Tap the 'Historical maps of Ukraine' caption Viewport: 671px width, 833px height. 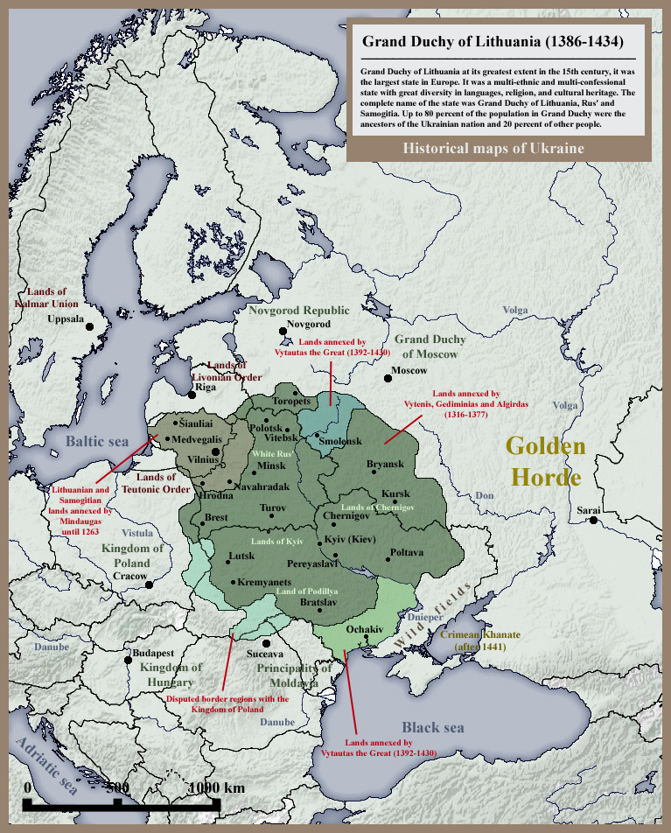(493, 148)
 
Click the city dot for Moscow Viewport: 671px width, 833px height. (388, 379)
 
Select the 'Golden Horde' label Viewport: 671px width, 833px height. (546, 462)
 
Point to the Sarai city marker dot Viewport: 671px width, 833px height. (594, 521)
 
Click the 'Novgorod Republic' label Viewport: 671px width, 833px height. (298, 311)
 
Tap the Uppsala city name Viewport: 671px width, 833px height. (66, 319)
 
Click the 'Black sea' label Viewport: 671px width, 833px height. (432, 727)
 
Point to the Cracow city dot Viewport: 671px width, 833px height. (150, 584)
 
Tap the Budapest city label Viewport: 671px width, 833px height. (153, 654)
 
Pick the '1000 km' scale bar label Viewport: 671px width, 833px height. (217, 787)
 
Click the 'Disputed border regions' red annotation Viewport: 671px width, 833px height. (227, 704)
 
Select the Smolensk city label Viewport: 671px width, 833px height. (340, 442)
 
